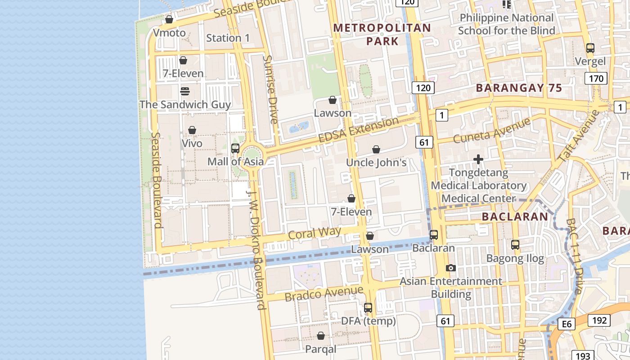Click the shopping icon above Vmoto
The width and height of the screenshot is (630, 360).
pos(169,19)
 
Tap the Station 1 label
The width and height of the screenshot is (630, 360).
pos(228,38)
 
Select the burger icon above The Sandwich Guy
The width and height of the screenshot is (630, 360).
pos(184,91)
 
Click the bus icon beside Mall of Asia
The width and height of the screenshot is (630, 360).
pos(235,148)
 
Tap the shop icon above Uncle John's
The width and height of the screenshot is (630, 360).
pos(376,149)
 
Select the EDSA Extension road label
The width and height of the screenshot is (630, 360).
pos(358,130)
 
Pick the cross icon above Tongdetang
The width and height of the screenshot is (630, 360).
pos(478,159)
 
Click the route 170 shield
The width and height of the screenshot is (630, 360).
pos(596,79)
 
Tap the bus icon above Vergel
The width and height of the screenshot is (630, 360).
pos(590,48)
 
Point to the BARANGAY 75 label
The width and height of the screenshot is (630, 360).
pos(519,88)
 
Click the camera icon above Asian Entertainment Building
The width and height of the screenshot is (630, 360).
pos(450,268)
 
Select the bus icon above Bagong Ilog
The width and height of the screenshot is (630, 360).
pos(515,245)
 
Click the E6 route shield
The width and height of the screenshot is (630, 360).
pos(566,324)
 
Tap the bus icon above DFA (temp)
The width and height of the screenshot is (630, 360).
pos(368,308)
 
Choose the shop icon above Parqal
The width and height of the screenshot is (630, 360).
pos(321,336)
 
